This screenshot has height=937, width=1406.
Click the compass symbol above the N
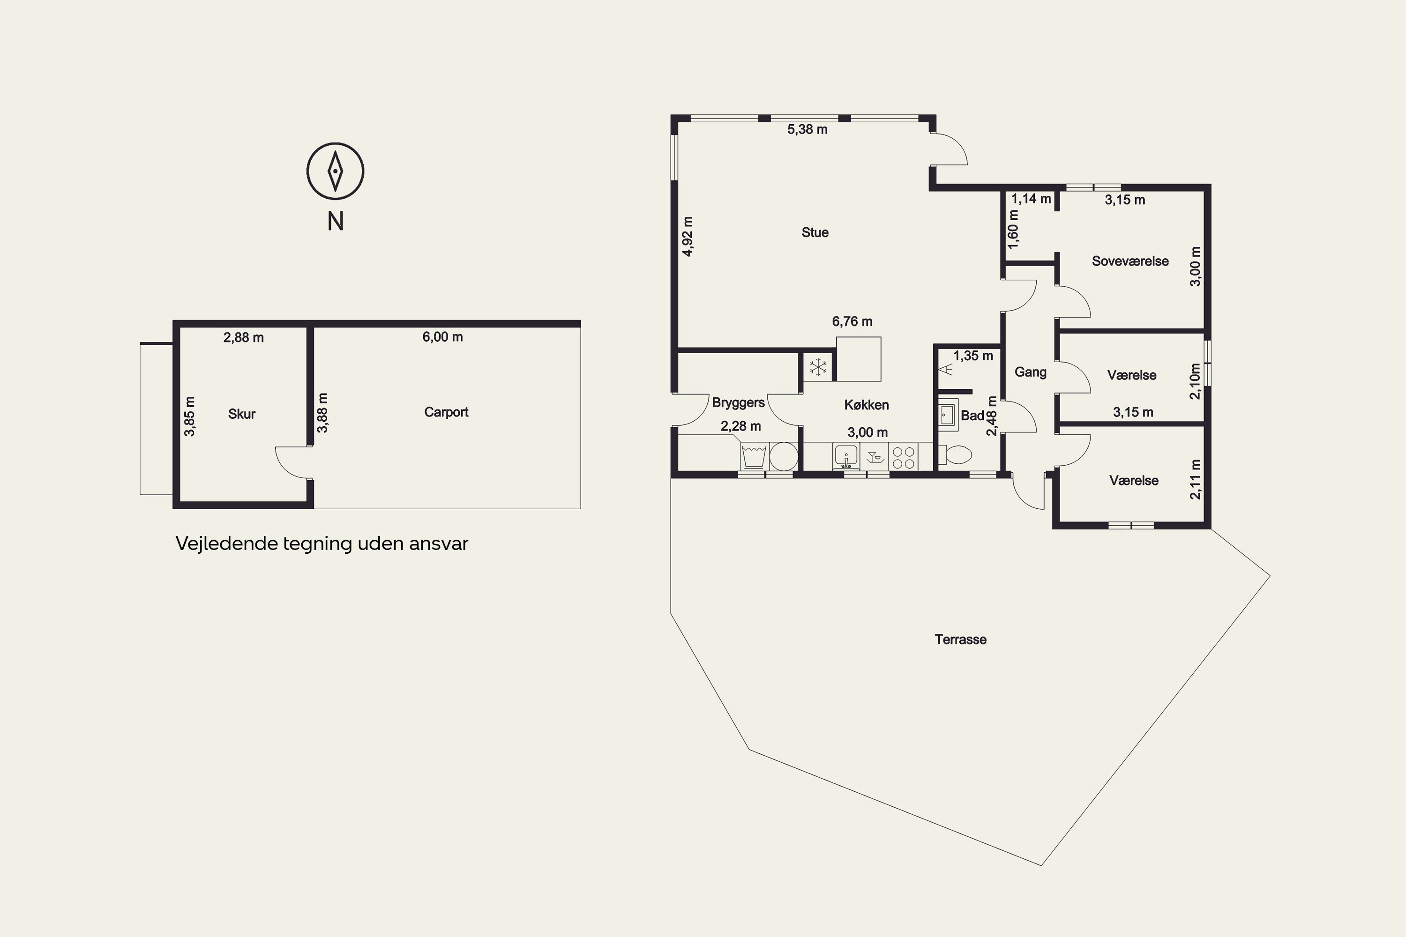pos(336,171)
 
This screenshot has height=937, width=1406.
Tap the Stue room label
pos(815,232)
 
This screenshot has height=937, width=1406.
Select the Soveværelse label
pos(1130,261)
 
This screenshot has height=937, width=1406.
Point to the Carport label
pos(446,412)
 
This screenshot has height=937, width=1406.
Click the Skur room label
pos(241,414)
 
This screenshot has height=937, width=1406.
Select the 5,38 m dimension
pos(807,130)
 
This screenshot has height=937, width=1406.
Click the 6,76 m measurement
pos(852,321)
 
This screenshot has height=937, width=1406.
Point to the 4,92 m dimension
pos(688,237)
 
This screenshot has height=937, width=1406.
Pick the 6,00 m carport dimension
pos(442,337)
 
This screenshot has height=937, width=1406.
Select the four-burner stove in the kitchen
pos(903,458)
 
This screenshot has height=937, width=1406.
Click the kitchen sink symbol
pos(846,456)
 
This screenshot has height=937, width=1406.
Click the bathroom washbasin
pos(948,414)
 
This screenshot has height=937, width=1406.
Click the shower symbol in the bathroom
pos(945,369)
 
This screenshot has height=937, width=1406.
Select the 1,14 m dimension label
pos(1031,199)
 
